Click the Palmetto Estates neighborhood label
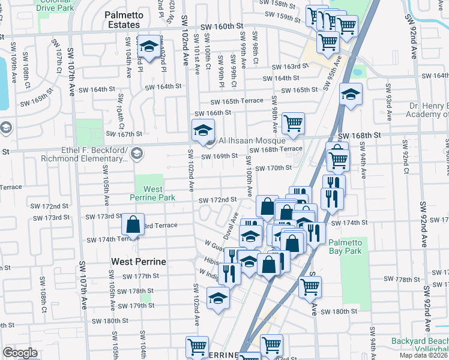click(x=130, y=19)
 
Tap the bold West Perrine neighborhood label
click(x=137, y=262)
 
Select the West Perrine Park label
click(x=153, y=193)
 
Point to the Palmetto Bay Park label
click(x=345, y=247)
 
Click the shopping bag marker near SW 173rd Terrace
click(x=133, y=225)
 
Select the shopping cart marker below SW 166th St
click(x=293, y=124)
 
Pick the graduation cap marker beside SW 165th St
click(x=351, y=95)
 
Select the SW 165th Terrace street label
click(x=236, y=101)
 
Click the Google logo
click(x=20, y=352)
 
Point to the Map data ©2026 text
click(x=424, y=355)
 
